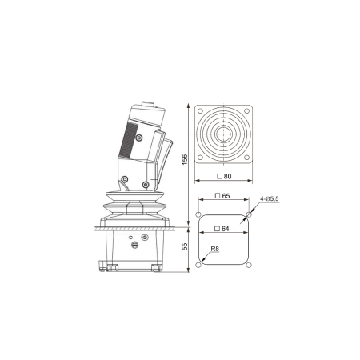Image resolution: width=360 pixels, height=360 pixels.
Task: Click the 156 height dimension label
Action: (x=185, y=159)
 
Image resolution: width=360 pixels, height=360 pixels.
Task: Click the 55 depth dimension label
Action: (x=185, y=246)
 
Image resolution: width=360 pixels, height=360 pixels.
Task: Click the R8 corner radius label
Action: (x=215, y=249)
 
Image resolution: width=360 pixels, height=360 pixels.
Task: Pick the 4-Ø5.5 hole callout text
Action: (x=270, y=198)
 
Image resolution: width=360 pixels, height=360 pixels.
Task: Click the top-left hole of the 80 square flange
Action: (x=200, y=111)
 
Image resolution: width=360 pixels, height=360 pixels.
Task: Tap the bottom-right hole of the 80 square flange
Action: (x=246, y=158)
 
